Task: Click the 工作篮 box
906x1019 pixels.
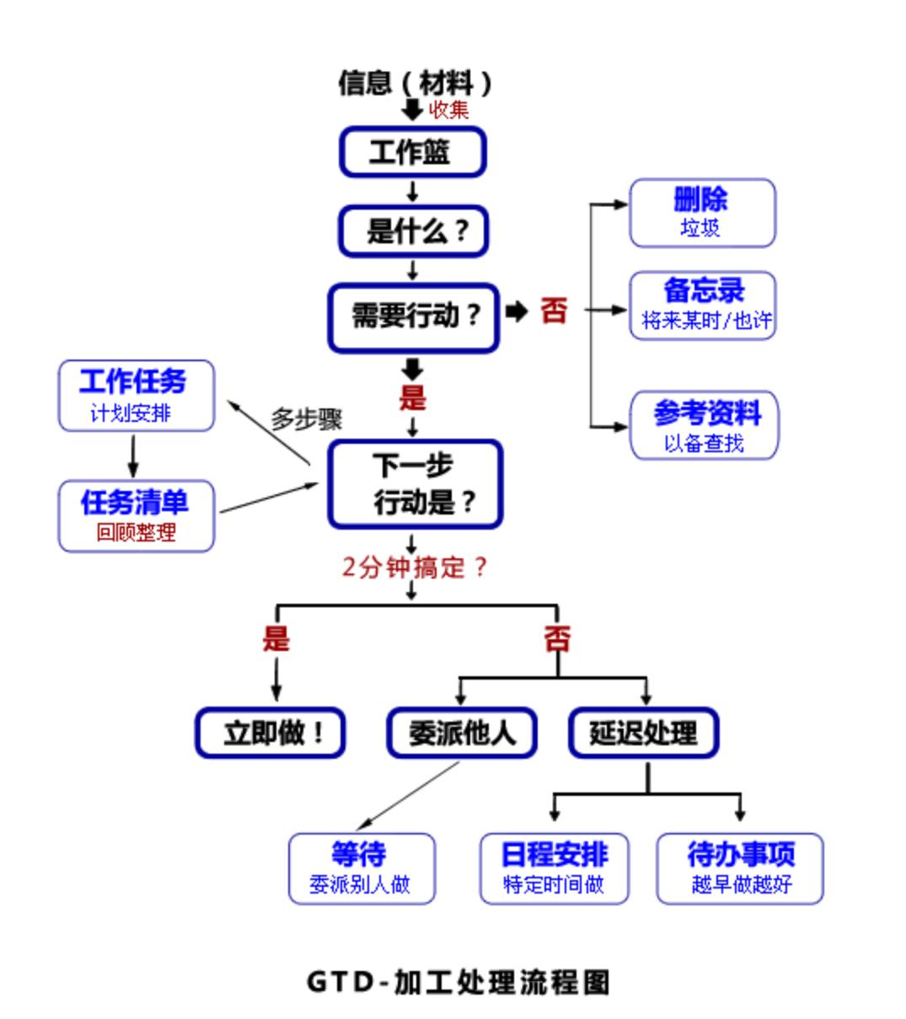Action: (x=413, y=152)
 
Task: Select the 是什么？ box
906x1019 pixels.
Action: (x=413, y=231)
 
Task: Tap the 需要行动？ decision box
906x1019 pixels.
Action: (x=414, y=317)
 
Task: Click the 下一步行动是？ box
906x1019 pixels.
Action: (x=415, y=484)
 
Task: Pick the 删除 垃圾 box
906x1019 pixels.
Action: (x=703, y=213)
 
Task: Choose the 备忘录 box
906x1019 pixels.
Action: (x=703, y=306)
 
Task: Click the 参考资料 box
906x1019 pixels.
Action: (x=705, y=425)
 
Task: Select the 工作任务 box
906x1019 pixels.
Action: (x=137, y=395)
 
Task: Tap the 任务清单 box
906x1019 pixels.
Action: (x=137, y=516)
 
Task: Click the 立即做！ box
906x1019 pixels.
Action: (x=271, y=733)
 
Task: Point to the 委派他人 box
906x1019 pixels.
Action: (x=462, y=733)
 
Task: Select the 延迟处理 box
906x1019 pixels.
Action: (x=644, y=733)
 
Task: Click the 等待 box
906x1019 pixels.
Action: (x=362, y=868)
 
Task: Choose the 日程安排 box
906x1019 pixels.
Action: (x=555, y=868)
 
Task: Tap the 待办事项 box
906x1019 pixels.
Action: (x=740, y=868)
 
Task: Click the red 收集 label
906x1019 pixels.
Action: (x=448, y=110)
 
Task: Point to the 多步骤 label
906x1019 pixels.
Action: (x=307, y=419)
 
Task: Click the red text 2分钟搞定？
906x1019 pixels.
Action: (x=415, y=568)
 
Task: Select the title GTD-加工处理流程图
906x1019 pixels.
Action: (x=458, y=982)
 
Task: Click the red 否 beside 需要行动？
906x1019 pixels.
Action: (x=554, y=310)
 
